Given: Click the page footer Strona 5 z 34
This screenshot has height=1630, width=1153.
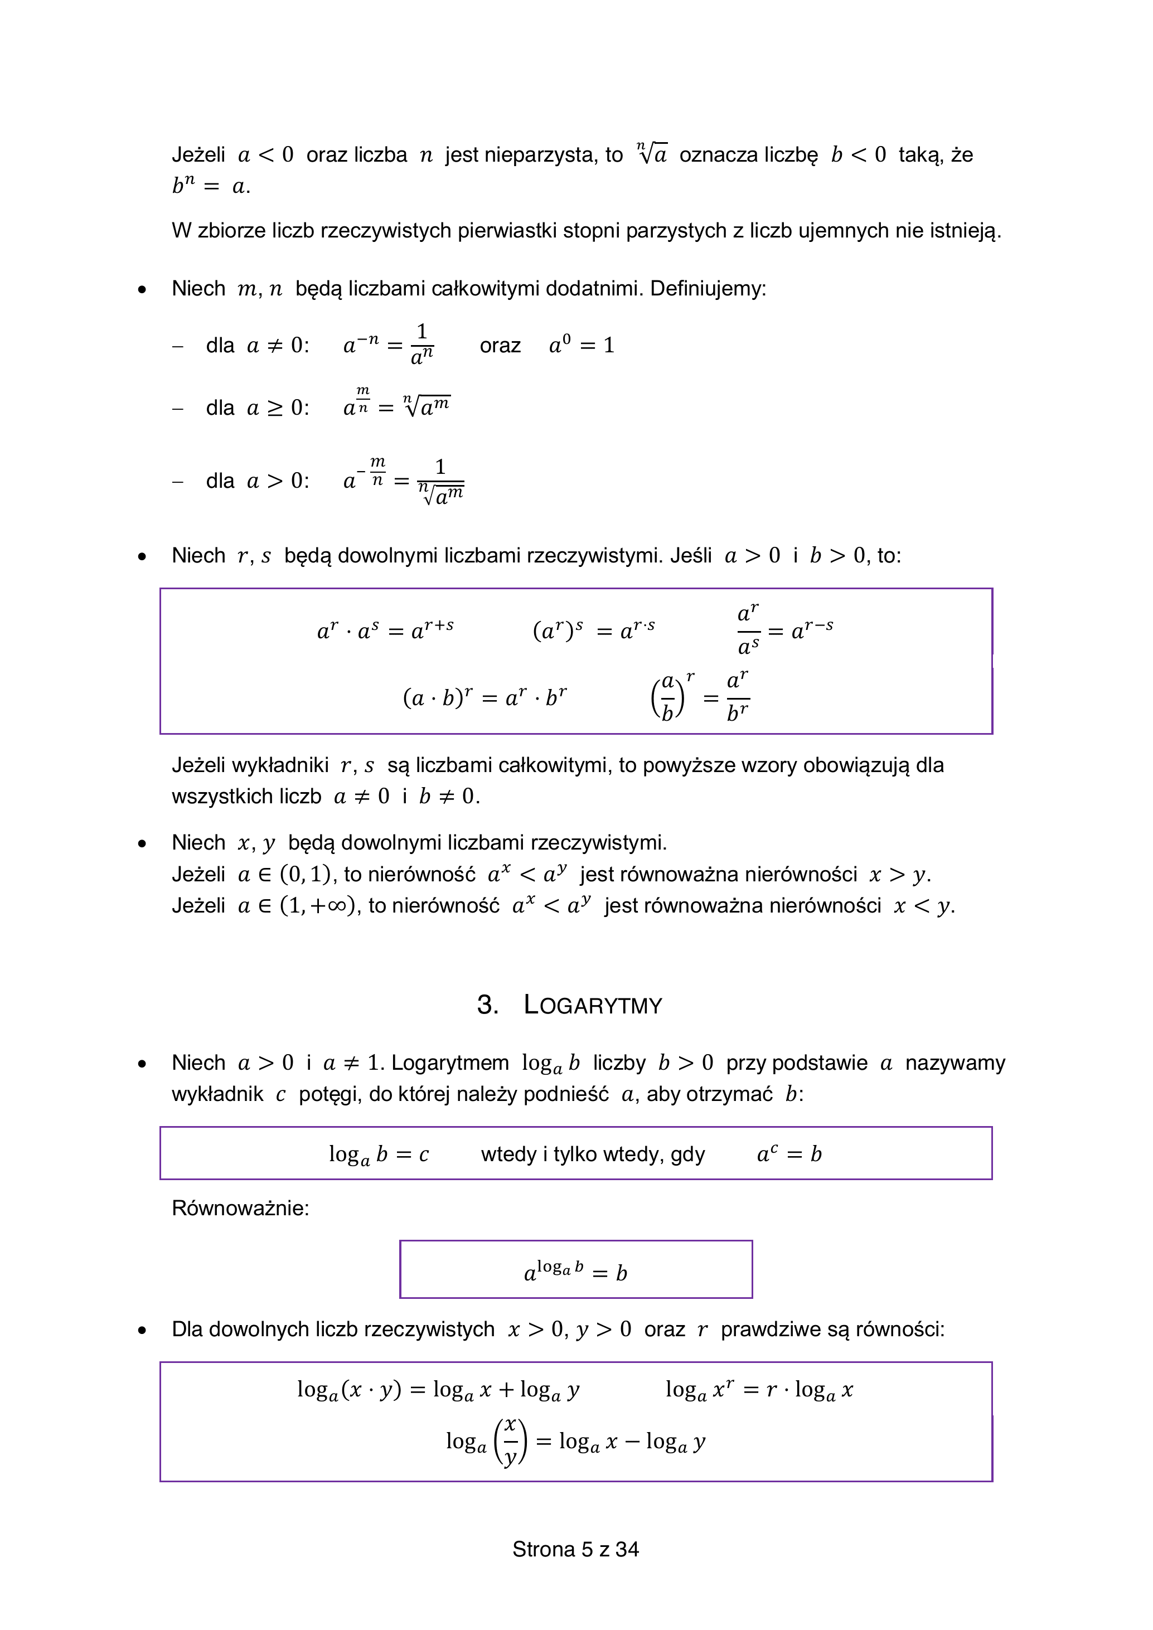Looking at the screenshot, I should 576,1549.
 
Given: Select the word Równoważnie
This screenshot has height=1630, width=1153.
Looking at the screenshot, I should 239,1209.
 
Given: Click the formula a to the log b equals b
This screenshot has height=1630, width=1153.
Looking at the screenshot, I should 576,1272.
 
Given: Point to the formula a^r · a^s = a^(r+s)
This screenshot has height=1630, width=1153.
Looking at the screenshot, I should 385,630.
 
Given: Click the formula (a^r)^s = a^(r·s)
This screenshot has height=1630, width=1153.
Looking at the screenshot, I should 594,630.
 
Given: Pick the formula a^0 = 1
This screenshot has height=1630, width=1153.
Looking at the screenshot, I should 582,346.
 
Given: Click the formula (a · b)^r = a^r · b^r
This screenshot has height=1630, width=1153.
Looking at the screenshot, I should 485,698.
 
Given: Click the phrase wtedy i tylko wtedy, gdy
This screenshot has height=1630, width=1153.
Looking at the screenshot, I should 593,1154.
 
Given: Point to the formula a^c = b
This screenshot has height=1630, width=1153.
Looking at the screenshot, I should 789,1154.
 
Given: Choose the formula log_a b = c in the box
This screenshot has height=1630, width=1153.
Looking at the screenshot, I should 379,1154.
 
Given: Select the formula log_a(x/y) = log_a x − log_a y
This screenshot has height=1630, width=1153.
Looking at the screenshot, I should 576,1442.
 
